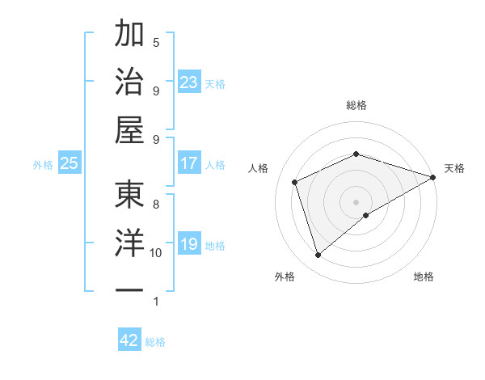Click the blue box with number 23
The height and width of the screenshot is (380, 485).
point(188,82)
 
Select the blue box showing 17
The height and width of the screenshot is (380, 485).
point(188,163)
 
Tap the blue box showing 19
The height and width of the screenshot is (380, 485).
point(188,244)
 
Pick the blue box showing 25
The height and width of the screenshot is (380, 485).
point(69,163)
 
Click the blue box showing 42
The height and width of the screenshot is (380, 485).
point(129,340)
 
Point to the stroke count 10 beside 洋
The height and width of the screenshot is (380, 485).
point(156,253)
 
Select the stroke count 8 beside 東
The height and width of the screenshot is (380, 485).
point(156,205)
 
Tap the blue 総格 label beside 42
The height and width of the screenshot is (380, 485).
point(155,342)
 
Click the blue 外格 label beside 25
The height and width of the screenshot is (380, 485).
point(43,165)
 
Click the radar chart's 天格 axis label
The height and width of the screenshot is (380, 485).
point(454,168)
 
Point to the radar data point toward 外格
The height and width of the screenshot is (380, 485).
point(318,255)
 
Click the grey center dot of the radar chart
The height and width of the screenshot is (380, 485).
point(356,201)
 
